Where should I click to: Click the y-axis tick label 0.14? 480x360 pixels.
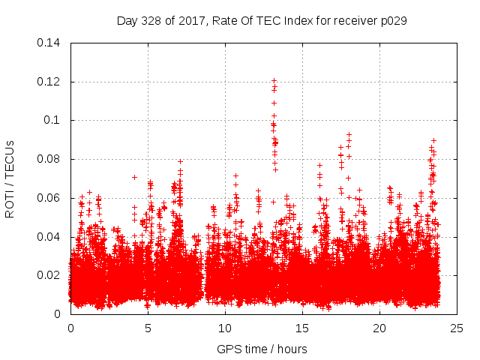[x=49, y=43]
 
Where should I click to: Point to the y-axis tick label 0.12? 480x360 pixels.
[x=49, y=82]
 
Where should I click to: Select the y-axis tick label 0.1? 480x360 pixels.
[x=54, y=120]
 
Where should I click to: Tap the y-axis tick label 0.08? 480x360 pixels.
[x=49, y=159]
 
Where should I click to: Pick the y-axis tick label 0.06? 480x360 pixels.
[x=49, y=198]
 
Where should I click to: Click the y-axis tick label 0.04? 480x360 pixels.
[x=49, y=237]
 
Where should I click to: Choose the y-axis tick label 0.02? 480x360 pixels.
[x=49, y=275]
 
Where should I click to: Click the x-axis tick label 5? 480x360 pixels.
[x=148, y=328]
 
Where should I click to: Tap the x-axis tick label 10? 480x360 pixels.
[x=225, y=328]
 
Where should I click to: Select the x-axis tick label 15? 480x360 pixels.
[x=302, y=328]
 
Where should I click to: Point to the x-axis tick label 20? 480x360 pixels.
[x=379, y=328]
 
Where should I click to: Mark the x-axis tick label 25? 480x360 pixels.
[x=457, y=328]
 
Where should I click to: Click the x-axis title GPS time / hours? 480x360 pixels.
[x=262, y=348]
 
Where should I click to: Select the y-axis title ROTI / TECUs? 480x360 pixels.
[x=10, y=178]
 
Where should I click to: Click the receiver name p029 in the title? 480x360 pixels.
[x=392, y=21]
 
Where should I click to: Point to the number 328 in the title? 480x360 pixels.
[x=152, y=21]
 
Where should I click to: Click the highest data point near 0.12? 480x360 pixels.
[x=274, y=80]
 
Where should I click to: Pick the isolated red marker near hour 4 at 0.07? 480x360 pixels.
[x=134, y=177]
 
